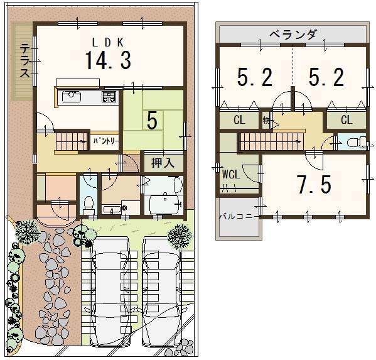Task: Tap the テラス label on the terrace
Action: tap(23, 60)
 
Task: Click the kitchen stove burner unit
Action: tap(109, 97)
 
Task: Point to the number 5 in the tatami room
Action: tap(151, 121)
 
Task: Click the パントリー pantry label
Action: tap(105, 141)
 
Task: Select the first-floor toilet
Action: tap(88, 203)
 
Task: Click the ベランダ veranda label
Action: tap(293, 35)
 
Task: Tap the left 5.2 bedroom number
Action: tap(255, 77)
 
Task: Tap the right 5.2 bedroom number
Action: tap(326, 77)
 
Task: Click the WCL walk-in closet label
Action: tap(230, 175)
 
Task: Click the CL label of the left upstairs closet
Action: tap(239, 119)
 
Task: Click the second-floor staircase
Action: tap(270, 141)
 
